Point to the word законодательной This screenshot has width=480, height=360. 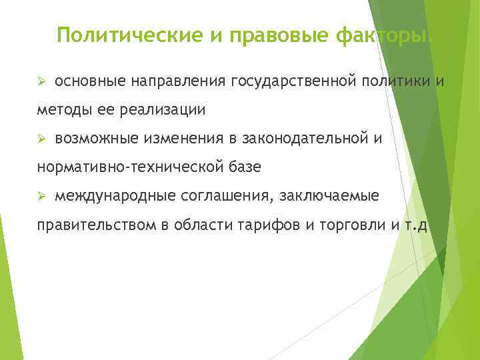pos(302,139)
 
